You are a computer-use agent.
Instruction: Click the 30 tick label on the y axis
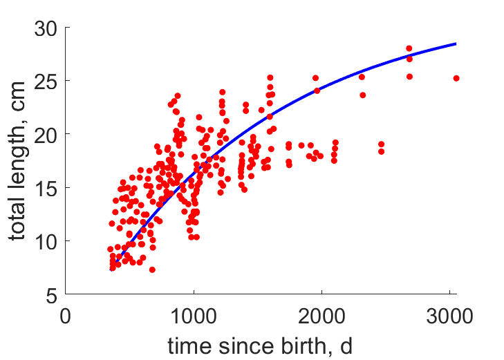click(x=46, y=29)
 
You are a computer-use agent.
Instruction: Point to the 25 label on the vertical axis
click(x=46, y=82)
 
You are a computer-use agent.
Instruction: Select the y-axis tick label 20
click(x=46, y=135)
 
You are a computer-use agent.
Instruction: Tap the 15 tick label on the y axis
click(x=46, y=189)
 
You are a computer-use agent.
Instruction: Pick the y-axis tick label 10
click(x=46, y=242)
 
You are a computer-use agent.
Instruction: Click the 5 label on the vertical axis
click(x=51, y=296)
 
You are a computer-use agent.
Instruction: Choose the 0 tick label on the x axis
click(x=65, y=316)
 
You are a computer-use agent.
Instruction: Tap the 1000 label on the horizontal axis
click(x=194, y=316)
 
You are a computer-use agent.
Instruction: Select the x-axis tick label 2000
click(x=321, y=316)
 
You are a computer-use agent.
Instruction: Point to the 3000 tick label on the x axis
click(x=449, y=316)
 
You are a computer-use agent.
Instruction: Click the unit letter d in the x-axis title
click(x=346, y=346)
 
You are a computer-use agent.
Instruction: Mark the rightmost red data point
click(x=456, y=78)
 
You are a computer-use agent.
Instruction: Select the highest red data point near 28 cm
click(x=409, y=48)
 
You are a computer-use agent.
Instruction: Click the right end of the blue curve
click(x=456, y=44)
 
